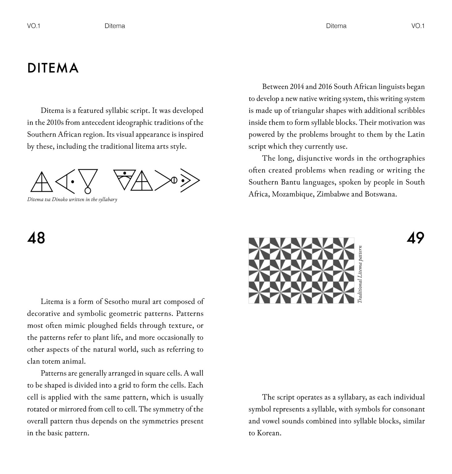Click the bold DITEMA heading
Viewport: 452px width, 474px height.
53,68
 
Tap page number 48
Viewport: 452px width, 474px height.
36,238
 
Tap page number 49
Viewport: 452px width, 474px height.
415,238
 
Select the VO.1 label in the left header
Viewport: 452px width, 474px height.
34,26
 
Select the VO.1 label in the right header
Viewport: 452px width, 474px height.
418,26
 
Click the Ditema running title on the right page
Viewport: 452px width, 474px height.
336,26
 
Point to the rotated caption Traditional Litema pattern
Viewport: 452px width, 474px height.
360,274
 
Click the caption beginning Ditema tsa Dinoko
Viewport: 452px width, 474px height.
72,199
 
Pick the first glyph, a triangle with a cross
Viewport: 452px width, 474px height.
41,181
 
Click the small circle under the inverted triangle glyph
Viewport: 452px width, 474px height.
88,190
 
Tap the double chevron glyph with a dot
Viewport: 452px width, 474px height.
189,180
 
